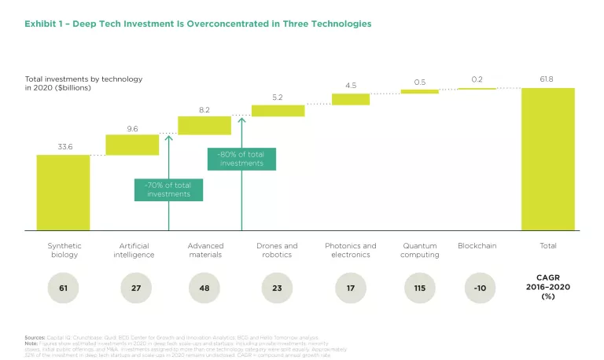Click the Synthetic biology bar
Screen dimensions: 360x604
click(63, 193)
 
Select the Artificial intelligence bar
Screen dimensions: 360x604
click(132, 145)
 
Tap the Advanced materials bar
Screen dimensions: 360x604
click(204, 125)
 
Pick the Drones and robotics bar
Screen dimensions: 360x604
click(278, 111)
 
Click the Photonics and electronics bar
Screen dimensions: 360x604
click(350, 99)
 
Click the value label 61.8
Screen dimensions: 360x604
click(547, 80)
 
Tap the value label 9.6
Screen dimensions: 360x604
click(132, 127)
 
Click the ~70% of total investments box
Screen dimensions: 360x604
click(168, 189)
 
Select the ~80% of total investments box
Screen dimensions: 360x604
click(241, 158)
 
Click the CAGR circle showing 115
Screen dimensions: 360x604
click(419, 288)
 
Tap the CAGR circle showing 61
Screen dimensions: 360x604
click(63, 288)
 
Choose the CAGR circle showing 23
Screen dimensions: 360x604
click(277, 288)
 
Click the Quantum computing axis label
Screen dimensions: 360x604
click(419, 250)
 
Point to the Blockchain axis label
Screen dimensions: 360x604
click(477, 246)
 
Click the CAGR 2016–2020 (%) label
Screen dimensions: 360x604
click(547, 288)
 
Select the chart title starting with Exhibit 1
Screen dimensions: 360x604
click(198, 24)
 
